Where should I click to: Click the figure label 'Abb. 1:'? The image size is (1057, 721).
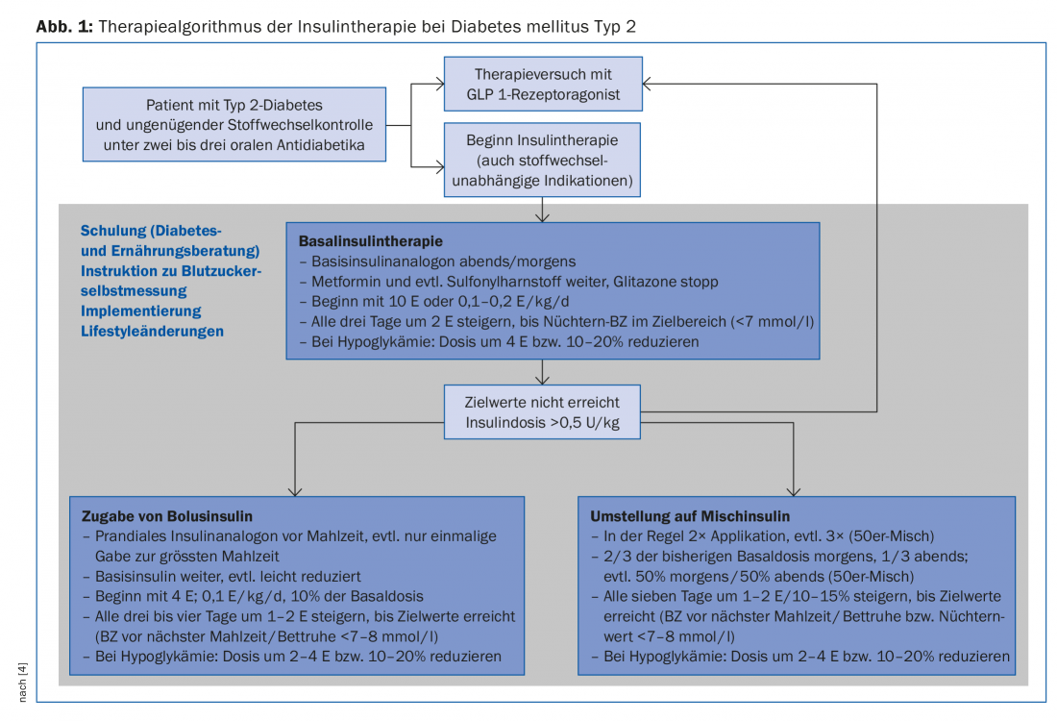click(x=63, y=26)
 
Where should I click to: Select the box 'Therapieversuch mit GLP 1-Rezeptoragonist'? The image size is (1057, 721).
click(x=543, y=84)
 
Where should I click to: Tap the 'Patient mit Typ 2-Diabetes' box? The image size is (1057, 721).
click(x=234, y=125)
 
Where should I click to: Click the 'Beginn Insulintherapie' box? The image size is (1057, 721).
click(x=543, y=160)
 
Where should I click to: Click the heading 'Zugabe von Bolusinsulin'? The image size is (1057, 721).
click(x=167, y=516)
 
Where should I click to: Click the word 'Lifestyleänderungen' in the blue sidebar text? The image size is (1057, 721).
click(x=153, y=331)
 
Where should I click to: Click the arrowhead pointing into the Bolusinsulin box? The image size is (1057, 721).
click(x=295, y=489)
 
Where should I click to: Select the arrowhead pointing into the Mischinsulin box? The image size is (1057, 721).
click(x=795, y=489)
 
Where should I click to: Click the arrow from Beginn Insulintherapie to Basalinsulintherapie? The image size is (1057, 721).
click(x=543, y=209)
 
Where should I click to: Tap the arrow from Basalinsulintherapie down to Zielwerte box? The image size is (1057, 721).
click(x=543, y=372)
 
